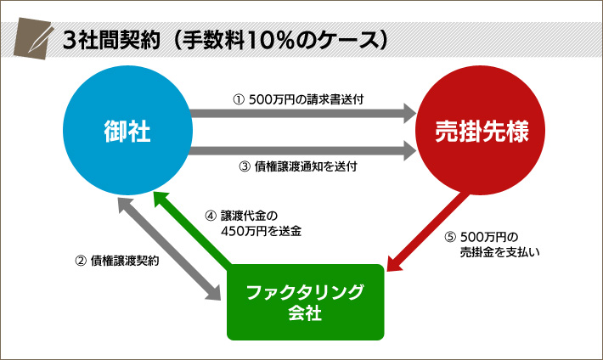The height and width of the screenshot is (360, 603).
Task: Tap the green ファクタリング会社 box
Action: point(305,301)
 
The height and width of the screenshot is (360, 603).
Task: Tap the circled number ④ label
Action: point(211,216)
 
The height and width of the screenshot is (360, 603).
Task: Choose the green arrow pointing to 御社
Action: point(191,229)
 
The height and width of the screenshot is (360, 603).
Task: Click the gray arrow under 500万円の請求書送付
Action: point(301,113)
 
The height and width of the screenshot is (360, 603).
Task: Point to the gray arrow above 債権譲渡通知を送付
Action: point(301,152)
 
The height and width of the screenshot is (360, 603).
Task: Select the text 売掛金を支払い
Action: point(500,251)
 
